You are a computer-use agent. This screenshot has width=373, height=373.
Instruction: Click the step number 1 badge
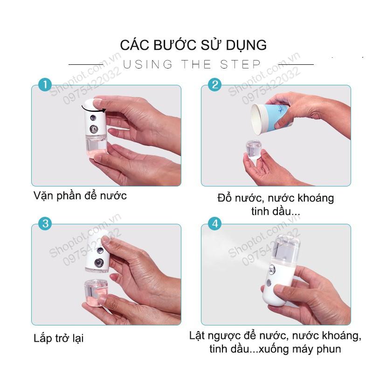click(x=45, y=85)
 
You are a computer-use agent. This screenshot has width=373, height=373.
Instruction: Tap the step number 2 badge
click(x=214, y=85)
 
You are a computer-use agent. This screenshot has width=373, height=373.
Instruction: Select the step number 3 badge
click(x=45, y=224)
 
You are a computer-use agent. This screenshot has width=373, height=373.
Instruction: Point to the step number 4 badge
click(x=214, y=224)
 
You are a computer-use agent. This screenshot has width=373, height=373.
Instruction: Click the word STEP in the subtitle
click(x=241, y=64)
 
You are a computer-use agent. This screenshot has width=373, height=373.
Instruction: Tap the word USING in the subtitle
click(x=147, y=64)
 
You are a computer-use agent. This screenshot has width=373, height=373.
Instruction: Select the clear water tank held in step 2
click(x=254, y=150)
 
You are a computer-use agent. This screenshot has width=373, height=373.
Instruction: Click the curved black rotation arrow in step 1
click(x=93, y=110)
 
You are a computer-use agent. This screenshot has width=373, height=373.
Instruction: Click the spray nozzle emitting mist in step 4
click(x=272, y=269)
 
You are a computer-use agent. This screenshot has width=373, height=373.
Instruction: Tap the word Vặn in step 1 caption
click(x=43, y=196)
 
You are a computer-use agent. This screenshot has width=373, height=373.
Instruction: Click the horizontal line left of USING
click(x=86, y=64)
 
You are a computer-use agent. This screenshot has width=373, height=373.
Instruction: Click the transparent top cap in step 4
click(x=287, y=248)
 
